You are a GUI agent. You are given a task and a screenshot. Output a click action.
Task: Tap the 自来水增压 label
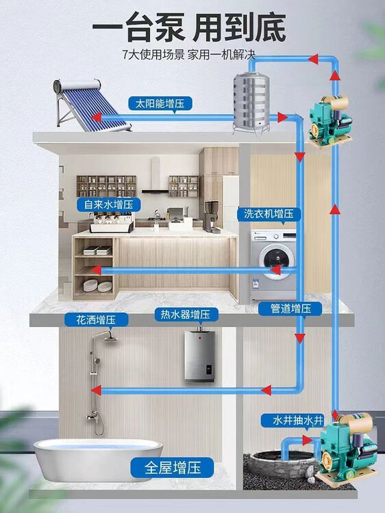pyautogui.click(x=109, y=205)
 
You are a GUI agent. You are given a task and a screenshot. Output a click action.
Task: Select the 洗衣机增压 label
pyautogui.click(x=269, y=214)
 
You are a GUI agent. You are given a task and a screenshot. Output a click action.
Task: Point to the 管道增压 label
pyautogui.click(x=290, y=308)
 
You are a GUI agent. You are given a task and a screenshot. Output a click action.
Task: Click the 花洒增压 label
pyautogui.click(x=96, y=319)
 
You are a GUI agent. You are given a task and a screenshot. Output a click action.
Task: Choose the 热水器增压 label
pyautogui.click(x=185, y=315)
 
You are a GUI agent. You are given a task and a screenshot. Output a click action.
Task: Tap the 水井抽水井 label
pyautogui.click(x=298, y=421)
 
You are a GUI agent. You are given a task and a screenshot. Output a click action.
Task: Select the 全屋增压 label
pyautogui.click(x=173, y=467)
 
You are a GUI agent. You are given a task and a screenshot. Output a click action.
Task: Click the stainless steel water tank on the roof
pyautogui.click(x=251, y=103)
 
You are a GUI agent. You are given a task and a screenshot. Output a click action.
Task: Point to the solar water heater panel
pyautogui.click(x=92, y=105)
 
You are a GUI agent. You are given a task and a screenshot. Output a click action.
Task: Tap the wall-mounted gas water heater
pyautogui.click(x=199, y=355)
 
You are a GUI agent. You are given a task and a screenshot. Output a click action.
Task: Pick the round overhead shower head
pyautogui.click(x=111, y=339)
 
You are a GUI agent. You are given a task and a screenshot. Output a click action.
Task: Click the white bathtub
pyautogui.click(x=98, y=460)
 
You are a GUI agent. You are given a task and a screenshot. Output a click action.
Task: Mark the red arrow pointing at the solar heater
pyautogui.click(x=95, y=118)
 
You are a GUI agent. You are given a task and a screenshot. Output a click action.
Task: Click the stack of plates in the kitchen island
pyautogui.click(x=97, y=286)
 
